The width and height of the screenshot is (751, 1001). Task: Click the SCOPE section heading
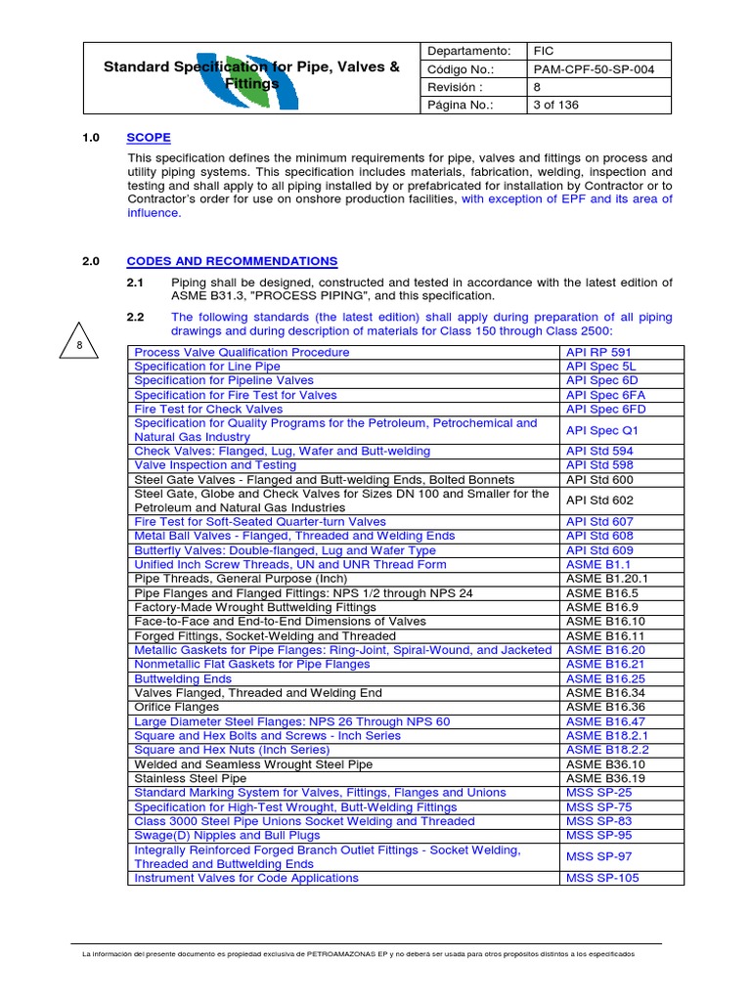pyautogui.click(x=149, y=138)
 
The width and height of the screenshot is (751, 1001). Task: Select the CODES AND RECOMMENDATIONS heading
pyautogui.click(x=232, y=261)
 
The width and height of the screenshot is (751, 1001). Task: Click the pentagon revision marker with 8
pyautogui.click(x=80, y=347)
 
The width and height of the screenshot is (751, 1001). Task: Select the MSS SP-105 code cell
pyautogui.click(x=603, y=878)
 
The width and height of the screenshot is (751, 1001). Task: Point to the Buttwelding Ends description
pyautogui.click(x=183, y=678)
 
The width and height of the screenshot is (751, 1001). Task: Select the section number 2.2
pyautogui.click(x=135, y=317)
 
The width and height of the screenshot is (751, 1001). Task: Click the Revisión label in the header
pyautogui.click(x=456, y=87)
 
